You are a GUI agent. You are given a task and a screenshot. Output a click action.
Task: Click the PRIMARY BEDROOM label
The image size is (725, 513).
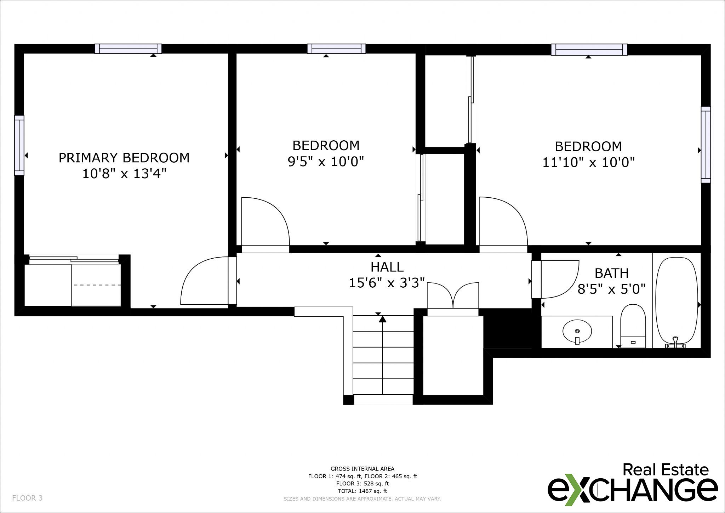point(124,158)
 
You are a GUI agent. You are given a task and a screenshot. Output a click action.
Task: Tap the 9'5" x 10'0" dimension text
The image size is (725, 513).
point(326,162)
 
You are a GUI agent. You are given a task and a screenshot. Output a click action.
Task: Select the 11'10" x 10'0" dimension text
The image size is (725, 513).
point(588,163)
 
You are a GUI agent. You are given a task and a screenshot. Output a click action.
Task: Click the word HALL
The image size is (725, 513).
point(387,267)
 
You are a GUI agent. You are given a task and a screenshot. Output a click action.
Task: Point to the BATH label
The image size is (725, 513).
point(612,273)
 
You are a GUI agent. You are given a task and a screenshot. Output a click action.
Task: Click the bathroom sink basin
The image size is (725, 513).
point(577,331)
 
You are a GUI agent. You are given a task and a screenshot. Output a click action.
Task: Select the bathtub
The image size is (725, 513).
point(677,301)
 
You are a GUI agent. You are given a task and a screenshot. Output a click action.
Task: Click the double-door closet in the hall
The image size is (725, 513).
point(453,296)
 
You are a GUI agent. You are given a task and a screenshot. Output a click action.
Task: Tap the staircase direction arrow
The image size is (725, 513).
point(383,319)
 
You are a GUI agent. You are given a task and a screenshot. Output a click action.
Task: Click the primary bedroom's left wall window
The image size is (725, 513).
point(19,145)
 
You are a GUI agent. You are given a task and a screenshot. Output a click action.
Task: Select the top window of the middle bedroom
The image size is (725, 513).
point(336,49)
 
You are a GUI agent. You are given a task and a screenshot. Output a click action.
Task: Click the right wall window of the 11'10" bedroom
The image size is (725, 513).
point(706,145)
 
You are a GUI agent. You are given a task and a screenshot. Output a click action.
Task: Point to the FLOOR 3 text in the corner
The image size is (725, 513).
point(27,498)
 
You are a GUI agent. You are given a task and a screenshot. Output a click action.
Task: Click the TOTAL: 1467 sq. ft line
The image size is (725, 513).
point(362,491)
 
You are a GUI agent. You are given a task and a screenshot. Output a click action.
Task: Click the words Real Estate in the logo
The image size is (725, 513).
point(665,470)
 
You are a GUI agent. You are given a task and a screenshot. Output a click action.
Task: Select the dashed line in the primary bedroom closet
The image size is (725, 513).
point(97,285)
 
